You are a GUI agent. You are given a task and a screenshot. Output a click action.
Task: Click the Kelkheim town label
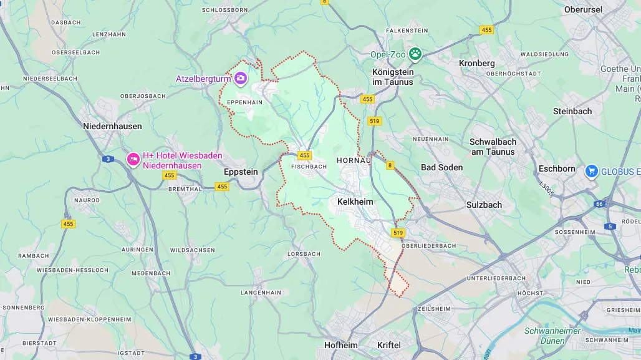coord(355,202)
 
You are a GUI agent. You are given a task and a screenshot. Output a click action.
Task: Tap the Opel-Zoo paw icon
coord(415,54)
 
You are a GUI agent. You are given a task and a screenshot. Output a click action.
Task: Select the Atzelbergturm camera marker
coord(241,79)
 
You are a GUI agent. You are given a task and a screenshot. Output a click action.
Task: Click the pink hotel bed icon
coord(133,160)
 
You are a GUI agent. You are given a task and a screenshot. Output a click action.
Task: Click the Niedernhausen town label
coord(112,126)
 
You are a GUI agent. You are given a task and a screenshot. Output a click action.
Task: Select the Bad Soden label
coord(441,167)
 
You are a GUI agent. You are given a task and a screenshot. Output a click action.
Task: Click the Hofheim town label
coord(341,345)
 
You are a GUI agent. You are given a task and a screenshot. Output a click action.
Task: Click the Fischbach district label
coord(309,167)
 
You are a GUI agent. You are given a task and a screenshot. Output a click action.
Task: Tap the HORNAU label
coord(354,160)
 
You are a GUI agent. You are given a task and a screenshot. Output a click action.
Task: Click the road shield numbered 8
coord(390,165)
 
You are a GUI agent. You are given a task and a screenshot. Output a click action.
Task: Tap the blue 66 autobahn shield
coord(599,204)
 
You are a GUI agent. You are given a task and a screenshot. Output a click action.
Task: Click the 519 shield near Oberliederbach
coord(398,233)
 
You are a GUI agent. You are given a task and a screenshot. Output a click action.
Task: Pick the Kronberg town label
coord(476,63)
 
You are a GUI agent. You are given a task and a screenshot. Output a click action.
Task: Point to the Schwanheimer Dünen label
coord(552,335)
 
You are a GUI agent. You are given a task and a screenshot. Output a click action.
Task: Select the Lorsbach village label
coord(304,254)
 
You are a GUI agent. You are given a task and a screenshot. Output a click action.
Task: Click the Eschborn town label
coord(557,168)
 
